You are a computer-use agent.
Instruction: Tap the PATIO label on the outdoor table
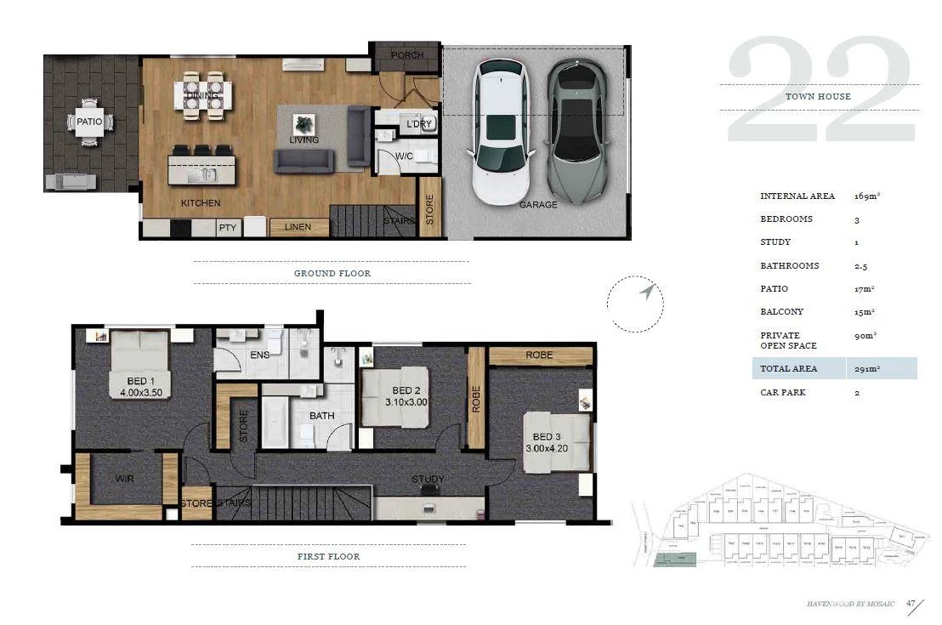(89, 122)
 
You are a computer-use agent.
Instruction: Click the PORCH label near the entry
(406, 56)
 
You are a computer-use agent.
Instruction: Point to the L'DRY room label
(419, 124)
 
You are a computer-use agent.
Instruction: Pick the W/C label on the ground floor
(404, 156)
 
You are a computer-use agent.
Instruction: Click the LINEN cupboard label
(298, 227)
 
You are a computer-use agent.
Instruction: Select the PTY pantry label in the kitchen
(228, 228)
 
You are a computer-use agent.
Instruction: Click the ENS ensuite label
(259, 355)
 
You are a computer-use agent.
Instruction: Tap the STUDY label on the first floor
(428, 480)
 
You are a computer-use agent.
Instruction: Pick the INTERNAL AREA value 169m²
(866, 196)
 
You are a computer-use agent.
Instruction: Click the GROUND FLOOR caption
(332, 273)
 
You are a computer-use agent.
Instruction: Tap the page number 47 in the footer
(911, 604)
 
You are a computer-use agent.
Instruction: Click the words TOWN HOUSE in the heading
(818, 97)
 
